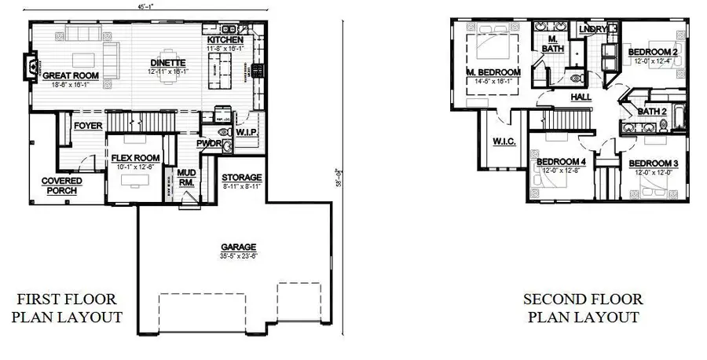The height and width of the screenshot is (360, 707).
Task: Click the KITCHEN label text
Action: (x=225, y=40)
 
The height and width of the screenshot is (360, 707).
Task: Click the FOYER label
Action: (x=87, y=126)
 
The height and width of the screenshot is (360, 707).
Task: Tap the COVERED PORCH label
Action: (x=61, y=186)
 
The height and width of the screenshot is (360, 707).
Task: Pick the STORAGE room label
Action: (x=241, y=178)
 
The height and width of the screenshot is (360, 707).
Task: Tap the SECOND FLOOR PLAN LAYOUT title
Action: (x=583, y=308)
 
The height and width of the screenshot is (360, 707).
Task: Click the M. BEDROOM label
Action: (x=493, y=73)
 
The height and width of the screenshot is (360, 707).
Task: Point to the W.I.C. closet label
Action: (x=504, y=141)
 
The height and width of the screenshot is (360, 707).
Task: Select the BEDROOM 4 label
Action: (x=561, y=162)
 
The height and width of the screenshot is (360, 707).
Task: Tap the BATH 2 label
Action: (x=651, y=112)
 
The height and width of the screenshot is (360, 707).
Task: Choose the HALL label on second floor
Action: (x=581, y=97)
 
